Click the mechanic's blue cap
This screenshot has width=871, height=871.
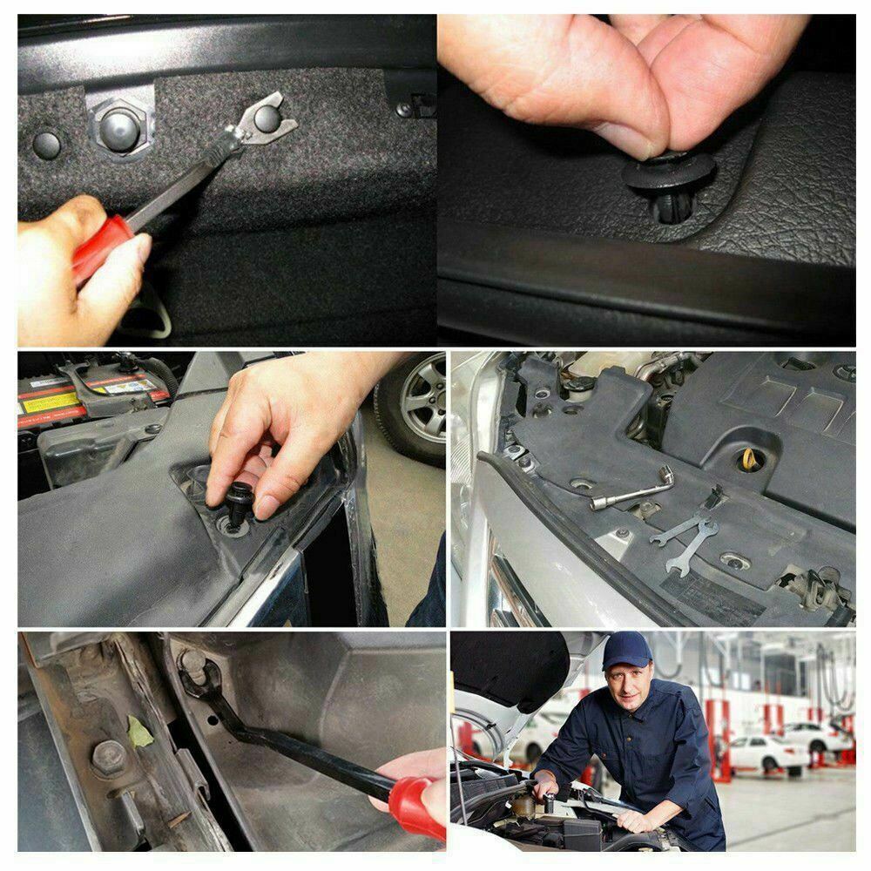coord(625,649)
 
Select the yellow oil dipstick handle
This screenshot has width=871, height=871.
coord(748,458)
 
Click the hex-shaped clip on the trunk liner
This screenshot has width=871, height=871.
coord(119,128)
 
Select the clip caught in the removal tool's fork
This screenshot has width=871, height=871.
coord(266,118)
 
